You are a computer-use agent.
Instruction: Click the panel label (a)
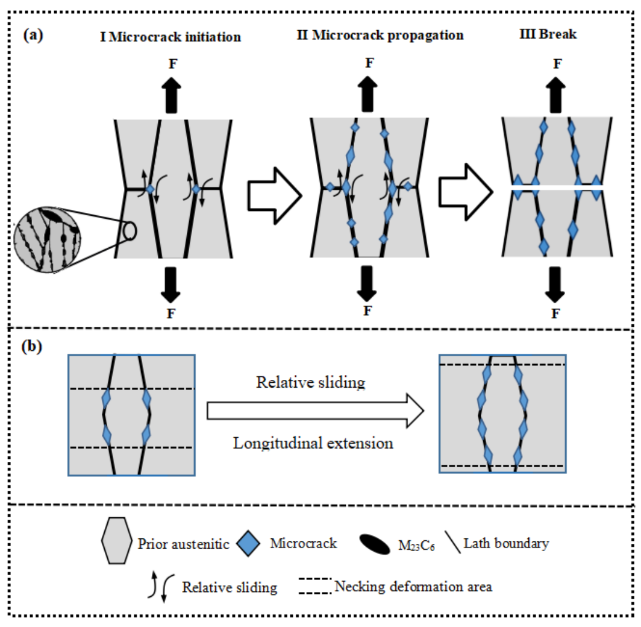(x=34, y=34)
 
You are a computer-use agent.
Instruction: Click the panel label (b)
(x=34, y=348)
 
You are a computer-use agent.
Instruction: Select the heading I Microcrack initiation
(x=170, y=37)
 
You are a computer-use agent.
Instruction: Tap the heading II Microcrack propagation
(x=380, y=35)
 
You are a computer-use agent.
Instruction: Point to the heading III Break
(x=548, y=34)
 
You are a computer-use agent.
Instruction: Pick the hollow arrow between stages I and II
(x=273, y=192)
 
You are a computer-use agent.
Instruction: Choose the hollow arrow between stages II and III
(x=464, y=192)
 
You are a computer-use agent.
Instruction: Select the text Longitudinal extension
(x=313, y=444)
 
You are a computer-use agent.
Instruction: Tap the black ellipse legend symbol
(x=374, y=544)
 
